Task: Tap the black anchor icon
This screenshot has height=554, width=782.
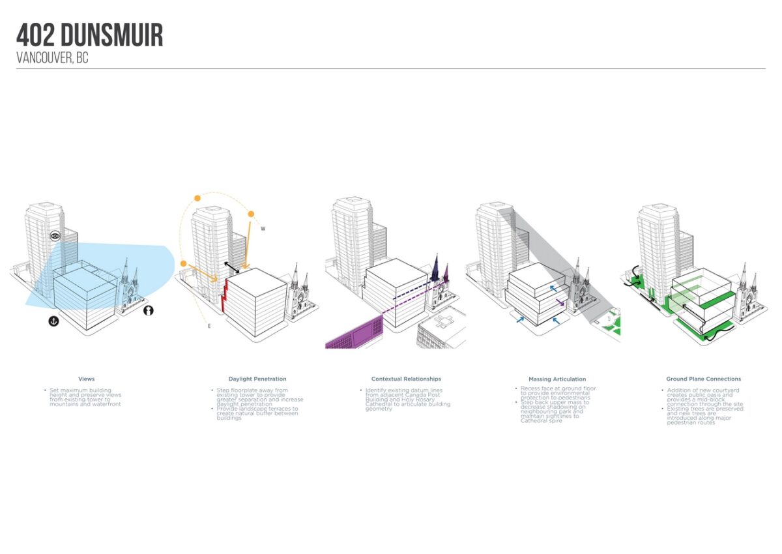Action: tap(53, 321)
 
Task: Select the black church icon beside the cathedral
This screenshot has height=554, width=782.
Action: tap(149, 311)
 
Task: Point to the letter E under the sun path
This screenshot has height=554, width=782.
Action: tap(209, 325)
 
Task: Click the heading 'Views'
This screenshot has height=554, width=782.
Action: tap(86, 379)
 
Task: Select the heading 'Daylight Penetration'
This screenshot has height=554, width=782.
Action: tap(257, 379)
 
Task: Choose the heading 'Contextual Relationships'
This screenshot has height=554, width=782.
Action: tap(406, 379)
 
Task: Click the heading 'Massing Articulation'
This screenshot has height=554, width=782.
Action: tap(557, 379)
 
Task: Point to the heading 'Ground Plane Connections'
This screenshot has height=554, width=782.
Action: tap(703, 379)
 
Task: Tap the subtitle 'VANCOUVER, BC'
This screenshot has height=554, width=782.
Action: tap(52, 58)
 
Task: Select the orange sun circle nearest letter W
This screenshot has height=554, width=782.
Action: tap(250, 214)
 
